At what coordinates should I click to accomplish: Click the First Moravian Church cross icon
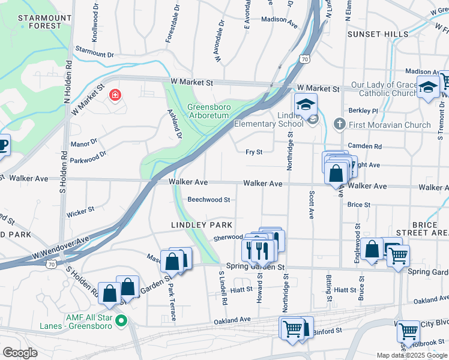click(x=339, y=125)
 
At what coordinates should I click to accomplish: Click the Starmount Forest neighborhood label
click(x=40, y=22)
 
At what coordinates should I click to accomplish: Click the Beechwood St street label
click(x=209, y=200)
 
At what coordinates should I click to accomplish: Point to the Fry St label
click(x=255, y=152)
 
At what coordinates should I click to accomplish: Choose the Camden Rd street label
click(x=369, y=146)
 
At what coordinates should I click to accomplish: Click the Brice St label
click(x=359, y=205)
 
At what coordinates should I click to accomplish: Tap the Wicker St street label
click(x=80, y=211)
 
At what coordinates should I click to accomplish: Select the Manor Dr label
click(x=83, y=143)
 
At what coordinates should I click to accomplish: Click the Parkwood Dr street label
click(x=88, y=158)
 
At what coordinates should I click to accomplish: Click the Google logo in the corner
click(x=20, y=353)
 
